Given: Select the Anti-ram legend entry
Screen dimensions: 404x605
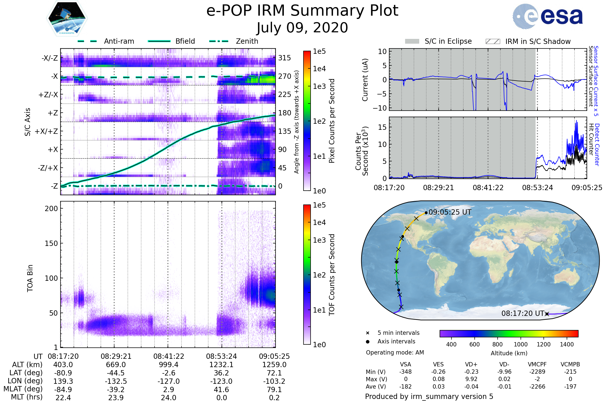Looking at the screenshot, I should click(x=119, y=41).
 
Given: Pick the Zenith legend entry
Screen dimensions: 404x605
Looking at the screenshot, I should click(x=247, y=41).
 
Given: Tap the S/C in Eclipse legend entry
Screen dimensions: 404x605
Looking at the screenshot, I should click(x=448, y=41).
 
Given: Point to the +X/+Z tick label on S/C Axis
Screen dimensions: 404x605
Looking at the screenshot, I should click(x=46, y=131).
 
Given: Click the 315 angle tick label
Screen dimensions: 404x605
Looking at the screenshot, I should click(x=284, y=58).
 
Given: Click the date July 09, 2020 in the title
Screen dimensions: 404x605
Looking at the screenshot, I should click(x=302, y=28).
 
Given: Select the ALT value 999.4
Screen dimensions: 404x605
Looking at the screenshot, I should click(x=168, y=365).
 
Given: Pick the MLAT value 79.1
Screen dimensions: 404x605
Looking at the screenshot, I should click(x=274, y=390).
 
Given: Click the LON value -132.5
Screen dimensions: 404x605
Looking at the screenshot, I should click(x=116, y=381).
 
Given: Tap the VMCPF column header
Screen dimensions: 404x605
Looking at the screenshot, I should click(x=537, y=364).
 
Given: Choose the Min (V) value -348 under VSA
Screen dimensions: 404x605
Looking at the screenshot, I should click(x=405, y=372).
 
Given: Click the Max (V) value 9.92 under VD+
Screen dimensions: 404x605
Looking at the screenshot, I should click(x=471, y=379).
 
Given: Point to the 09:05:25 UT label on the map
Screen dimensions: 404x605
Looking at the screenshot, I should click(x=450, y=212).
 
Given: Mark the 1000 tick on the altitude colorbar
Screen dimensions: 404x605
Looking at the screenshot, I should click(x=520, y=344).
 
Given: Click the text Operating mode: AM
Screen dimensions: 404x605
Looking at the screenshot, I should click(x=395, y=352).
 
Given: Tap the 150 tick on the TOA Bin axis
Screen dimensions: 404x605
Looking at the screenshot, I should click(x=51, y=243).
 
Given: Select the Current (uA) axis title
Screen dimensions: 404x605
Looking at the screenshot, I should click(x=365, y=80).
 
